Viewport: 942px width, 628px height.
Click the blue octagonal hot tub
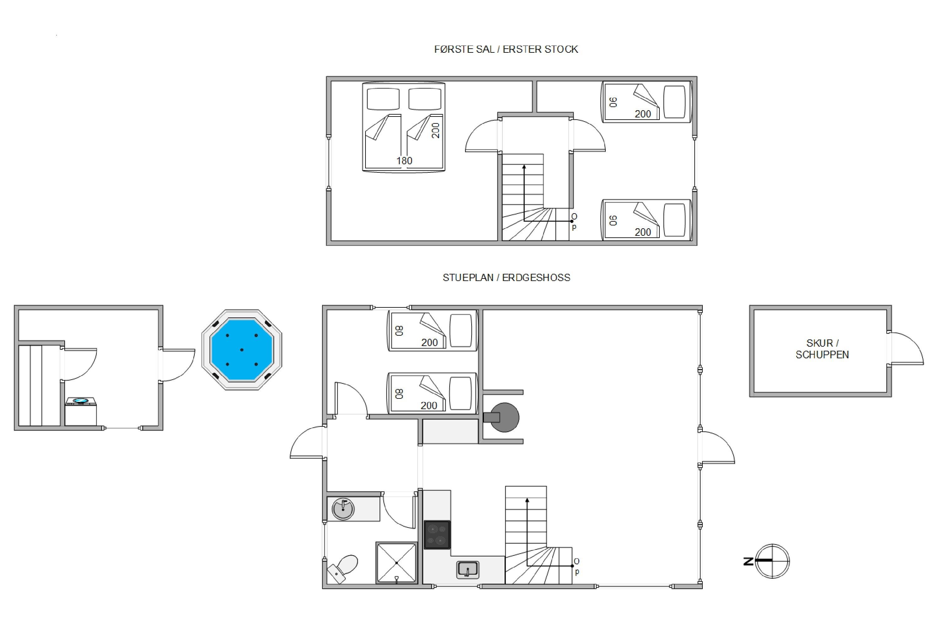(x=241, y=350)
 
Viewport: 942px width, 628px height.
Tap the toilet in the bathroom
(x=343, y=569)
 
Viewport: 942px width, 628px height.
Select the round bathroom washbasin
(x=343, y=509)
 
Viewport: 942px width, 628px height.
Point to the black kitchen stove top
(x=437, y=535)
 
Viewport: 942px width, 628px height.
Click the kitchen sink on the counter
(x=468, y=570)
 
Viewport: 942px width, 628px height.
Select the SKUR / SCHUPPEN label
(x=822, y=349)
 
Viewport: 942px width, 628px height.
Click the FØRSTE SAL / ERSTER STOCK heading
(x=506, y=49)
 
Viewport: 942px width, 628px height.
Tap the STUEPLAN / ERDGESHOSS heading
(x=506, y=278)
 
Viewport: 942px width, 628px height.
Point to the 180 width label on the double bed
(x=404, y=160)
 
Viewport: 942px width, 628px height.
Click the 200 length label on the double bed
(x=436, y=131)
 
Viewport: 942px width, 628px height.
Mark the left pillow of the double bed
(x=383, y=99)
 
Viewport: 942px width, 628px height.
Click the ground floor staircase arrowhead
(x=527, y=500)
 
